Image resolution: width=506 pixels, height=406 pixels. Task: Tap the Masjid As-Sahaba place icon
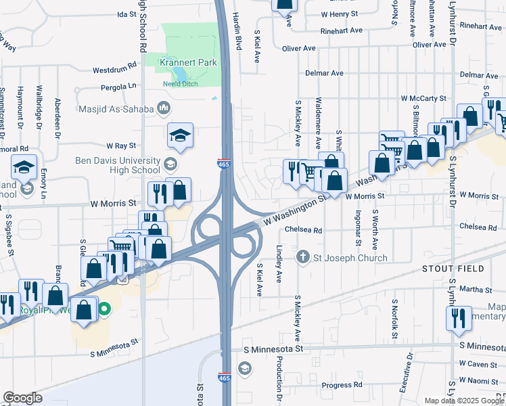point(163,108)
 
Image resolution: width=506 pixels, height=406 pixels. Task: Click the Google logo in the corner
point(22,398)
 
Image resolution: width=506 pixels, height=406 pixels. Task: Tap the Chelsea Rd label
point(303,230)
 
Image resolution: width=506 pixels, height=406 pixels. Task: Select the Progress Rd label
point(342,385)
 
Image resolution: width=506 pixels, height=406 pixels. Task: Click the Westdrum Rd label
point(114,70)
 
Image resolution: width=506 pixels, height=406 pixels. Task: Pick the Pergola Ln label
point(118,87)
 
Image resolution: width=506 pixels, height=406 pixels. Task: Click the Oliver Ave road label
point(299,49)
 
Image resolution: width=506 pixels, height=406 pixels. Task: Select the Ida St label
point(127,14)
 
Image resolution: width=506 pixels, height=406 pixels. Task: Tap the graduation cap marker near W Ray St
point(180,136)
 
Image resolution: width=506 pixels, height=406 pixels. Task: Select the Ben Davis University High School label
point(118,166)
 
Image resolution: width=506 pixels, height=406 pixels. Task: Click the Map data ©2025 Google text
point(465,401)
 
